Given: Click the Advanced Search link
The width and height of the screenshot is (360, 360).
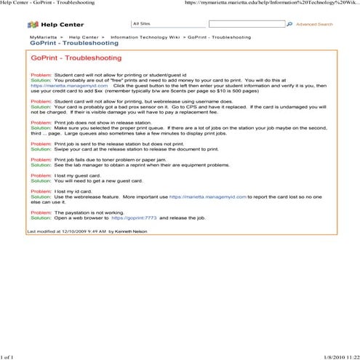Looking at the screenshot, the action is click(x=314, y=24).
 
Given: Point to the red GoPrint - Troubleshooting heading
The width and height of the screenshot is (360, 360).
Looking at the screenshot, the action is click(x=76, y=57).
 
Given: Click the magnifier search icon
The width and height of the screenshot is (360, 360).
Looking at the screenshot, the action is click(x=289, y=24).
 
